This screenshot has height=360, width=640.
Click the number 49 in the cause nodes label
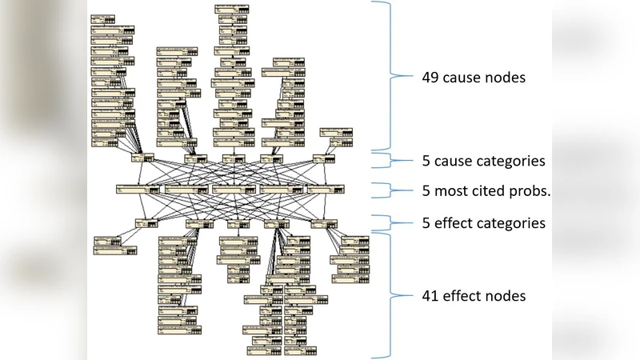coord(430,78)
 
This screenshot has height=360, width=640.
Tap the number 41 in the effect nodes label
coord(430,296)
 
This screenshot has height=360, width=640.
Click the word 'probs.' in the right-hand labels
coord(530,191)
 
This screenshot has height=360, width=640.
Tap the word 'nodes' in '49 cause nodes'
coord(506,78)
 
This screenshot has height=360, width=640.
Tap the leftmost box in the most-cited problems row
coord(138,190)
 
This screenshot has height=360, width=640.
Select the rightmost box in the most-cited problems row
coord(326,190)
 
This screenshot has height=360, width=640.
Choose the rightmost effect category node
coord(326,223)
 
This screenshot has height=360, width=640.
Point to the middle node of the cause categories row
coord(234,158)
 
